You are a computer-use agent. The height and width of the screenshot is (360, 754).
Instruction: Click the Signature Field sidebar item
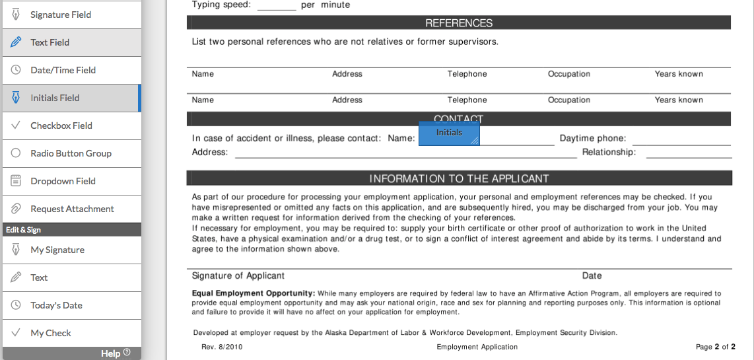(61, 15)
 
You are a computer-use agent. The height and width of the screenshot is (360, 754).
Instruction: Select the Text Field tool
(50, 42)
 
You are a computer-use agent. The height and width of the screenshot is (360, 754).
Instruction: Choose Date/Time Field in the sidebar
(63, 70)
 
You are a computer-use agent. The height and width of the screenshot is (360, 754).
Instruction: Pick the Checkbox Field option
(61, 126)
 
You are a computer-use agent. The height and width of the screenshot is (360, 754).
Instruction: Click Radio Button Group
(71, 153)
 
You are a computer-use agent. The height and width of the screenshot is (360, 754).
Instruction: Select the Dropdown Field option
(63, 181)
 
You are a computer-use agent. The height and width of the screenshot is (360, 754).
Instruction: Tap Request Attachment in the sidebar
(72, 209)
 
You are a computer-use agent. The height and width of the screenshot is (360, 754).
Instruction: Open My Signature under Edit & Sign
(57, 250)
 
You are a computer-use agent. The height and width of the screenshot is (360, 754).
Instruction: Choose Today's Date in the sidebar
(56, 305)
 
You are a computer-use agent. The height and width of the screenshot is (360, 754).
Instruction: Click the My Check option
(51, 333)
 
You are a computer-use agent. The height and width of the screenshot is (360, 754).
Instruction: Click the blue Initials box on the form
(449, 133)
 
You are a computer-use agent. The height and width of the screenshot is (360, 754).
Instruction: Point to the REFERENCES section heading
(459, 23)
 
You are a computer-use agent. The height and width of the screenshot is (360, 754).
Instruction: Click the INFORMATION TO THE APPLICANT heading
(459, 178)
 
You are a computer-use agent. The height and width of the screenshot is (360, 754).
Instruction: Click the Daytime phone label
(593, 139)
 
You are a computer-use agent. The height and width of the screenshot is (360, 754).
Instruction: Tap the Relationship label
(609, 153)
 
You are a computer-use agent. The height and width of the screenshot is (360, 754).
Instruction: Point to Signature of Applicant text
(238, 275)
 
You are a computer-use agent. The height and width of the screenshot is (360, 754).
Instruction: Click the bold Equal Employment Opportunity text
(253, 293)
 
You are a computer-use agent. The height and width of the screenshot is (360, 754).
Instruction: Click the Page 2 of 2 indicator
(715, 347)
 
